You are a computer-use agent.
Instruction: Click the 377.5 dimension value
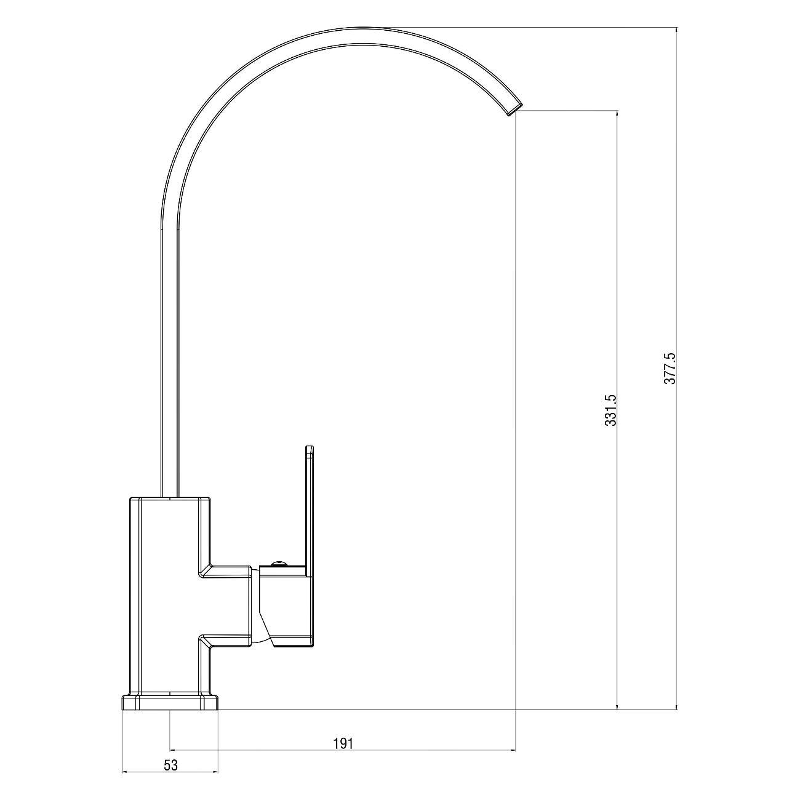coord(670,368)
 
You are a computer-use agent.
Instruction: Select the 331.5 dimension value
coord(610,410)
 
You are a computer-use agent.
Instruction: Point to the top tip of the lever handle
coord(308,447)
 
